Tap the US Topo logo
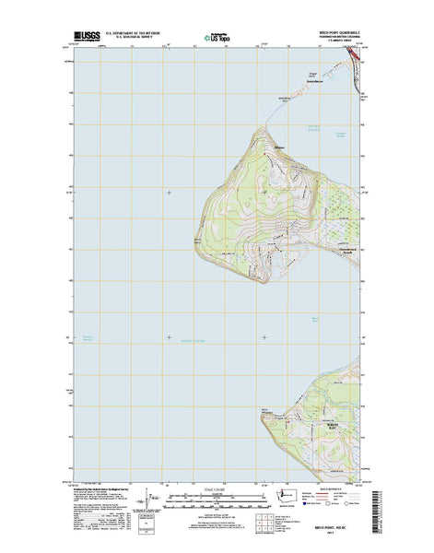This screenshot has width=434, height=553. (x=217, y=40)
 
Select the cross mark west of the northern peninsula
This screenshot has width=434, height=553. (x=169, y=192)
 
